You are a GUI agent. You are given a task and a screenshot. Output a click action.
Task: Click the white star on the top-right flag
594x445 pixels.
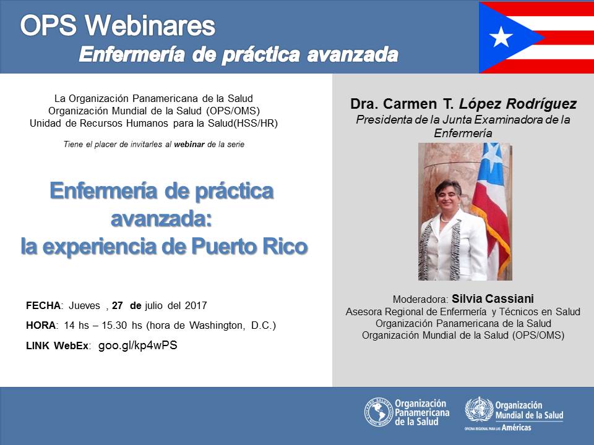(x=501, y=36)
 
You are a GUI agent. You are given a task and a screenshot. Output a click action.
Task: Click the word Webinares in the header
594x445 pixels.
(x=150, y=25)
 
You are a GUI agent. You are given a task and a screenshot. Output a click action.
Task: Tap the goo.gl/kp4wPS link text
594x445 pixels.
(x=137, y=345)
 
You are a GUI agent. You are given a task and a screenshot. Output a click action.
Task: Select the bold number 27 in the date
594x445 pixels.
(x=118, y=305)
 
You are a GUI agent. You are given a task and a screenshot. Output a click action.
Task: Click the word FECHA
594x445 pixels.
(x=43, y=305)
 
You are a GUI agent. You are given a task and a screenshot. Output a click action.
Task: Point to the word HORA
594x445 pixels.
(x=41, y=326)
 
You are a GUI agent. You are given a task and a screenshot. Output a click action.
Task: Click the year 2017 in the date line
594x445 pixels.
(x=196, y=305)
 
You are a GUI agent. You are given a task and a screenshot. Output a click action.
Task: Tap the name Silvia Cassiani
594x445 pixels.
(x=493, y=299)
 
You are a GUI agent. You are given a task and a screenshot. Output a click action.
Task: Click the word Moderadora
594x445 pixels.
(x=421, y=299)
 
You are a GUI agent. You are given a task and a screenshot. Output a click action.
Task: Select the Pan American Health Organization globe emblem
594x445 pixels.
(x=379, y=412)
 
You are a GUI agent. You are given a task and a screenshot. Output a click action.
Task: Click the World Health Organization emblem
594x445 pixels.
(x=479, y=409)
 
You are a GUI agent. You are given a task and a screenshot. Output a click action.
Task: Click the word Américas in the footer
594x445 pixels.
(x=516, y=427)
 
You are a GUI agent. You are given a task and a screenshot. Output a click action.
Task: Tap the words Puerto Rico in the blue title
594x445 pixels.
(x=249, y=247)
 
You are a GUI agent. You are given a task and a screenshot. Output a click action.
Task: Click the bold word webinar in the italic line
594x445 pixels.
(x=189, y=144)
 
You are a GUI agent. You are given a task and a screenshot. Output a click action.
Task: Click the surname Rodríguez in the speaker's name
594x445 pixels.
(x=541, y=104)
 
